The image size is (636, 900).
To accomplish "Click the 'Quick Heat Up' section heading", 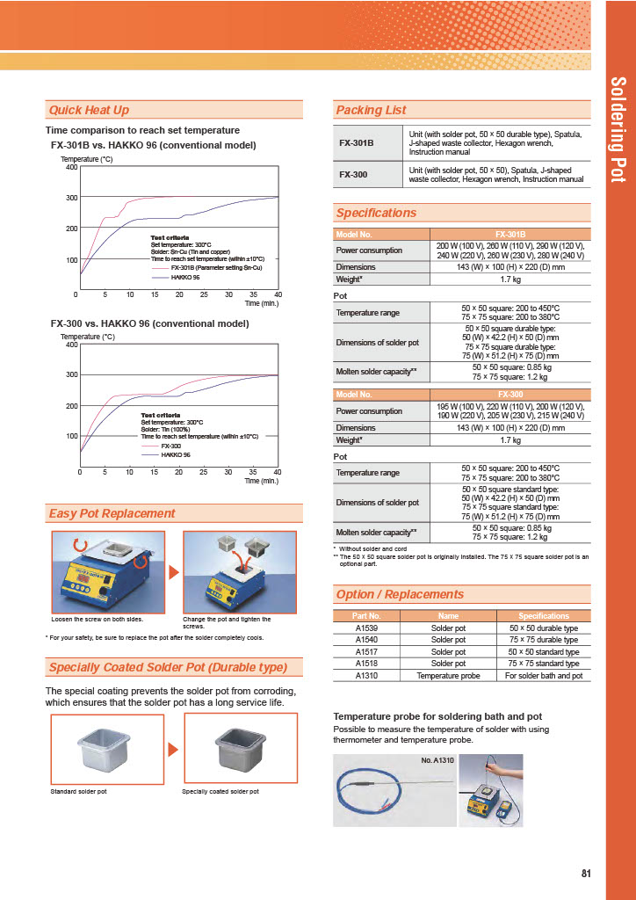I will click(x=89, y=110).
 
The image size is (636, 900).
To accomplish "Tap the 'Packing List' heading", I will click(x=371, y=110).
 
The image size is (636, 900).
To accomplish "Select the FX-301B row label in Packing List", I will click(x=357, y=142).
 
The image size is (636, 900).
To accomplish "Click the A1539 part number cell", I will click(x=366, y=628).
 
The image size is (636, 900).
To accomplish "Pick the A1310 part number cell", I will click(x=366, y=675).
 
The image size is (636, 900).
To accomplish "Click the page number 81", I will click(x=586, y=873).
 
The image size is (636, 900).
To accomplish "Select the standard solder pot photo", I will click(x=107, y=749).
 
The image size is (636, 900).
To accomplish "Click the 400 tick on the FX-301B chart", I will click(x=72, y=167).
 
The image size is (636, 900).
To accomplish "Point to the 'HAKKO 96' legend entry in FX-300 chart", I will click(x=176, y=454).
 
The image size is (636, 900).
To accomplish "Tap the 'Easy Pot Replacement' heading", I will click(x=112, y=513).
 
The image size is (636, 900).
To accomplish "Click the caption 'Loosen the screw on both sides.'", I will click(x=98, y=619).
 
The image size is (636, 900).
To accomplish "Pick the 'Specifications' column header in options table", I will click(x=544, y=616).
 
